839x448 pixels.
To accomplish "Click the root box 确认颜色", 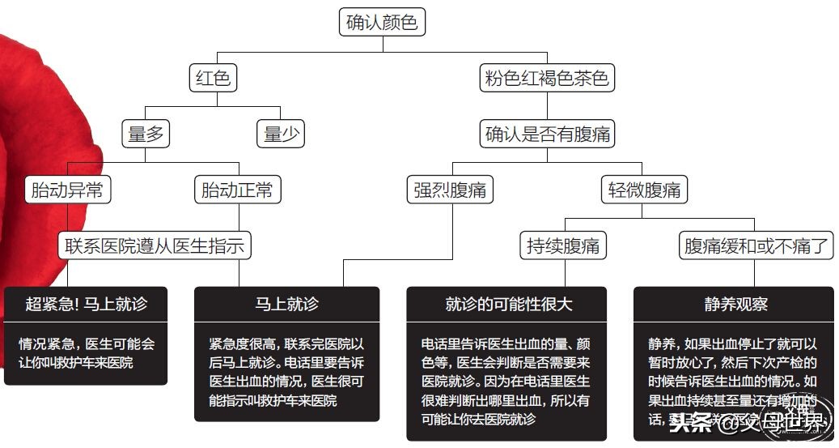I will point(382,23).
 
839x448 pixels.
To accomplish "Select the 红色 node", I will point(214,79).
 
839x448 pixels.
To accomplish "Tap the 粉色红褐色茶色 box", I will point(546,79).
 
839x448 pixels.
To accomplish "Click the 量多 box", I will point(146,134).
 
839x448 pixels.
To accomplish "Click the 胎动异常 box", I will point(67,190).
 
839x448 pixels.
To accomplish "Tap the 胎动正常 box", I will point(237,190).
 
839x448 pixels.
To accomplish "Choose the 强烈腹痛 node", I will point(450,190).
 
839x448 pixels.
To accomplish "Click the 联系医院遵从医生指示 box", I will point(155,245).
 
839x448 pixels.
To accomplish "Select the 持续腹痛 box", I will point(563,245).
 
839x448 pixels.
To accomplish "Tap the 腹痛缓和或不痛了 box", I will point(756,245).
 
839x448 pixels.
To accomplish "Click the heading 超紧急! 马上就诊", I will point(86,305).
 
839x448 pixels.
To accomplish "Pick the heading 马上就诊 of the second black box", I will point(286,305).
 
